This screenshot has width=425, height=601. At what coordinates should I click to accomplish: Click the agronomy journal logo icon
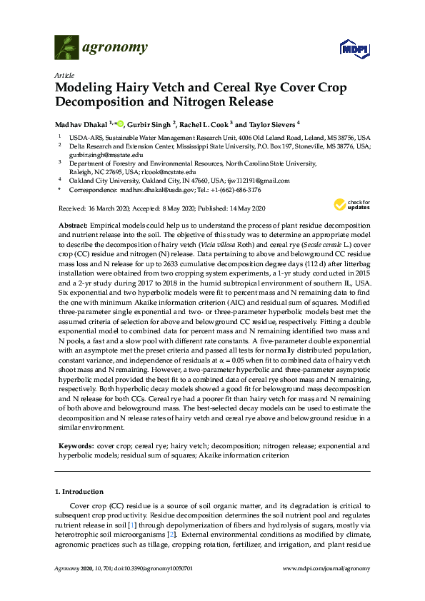67,49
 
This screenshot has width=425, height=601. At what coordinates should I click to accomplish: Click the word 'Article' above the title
64,75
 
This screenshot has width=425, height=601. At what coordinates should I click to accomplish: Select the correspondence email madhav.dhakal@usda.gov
156,191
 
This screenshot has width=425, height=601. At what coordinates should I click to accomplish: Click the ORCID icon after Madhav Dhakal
121,122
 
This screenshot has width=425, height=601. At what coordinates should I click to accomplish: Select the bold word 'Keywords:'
76,445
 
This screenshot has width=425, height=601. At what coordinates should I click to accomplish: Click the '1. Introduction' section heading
79,493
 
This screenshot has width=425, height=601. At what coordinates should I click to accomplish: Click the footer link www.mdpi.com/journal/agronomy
326,587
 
